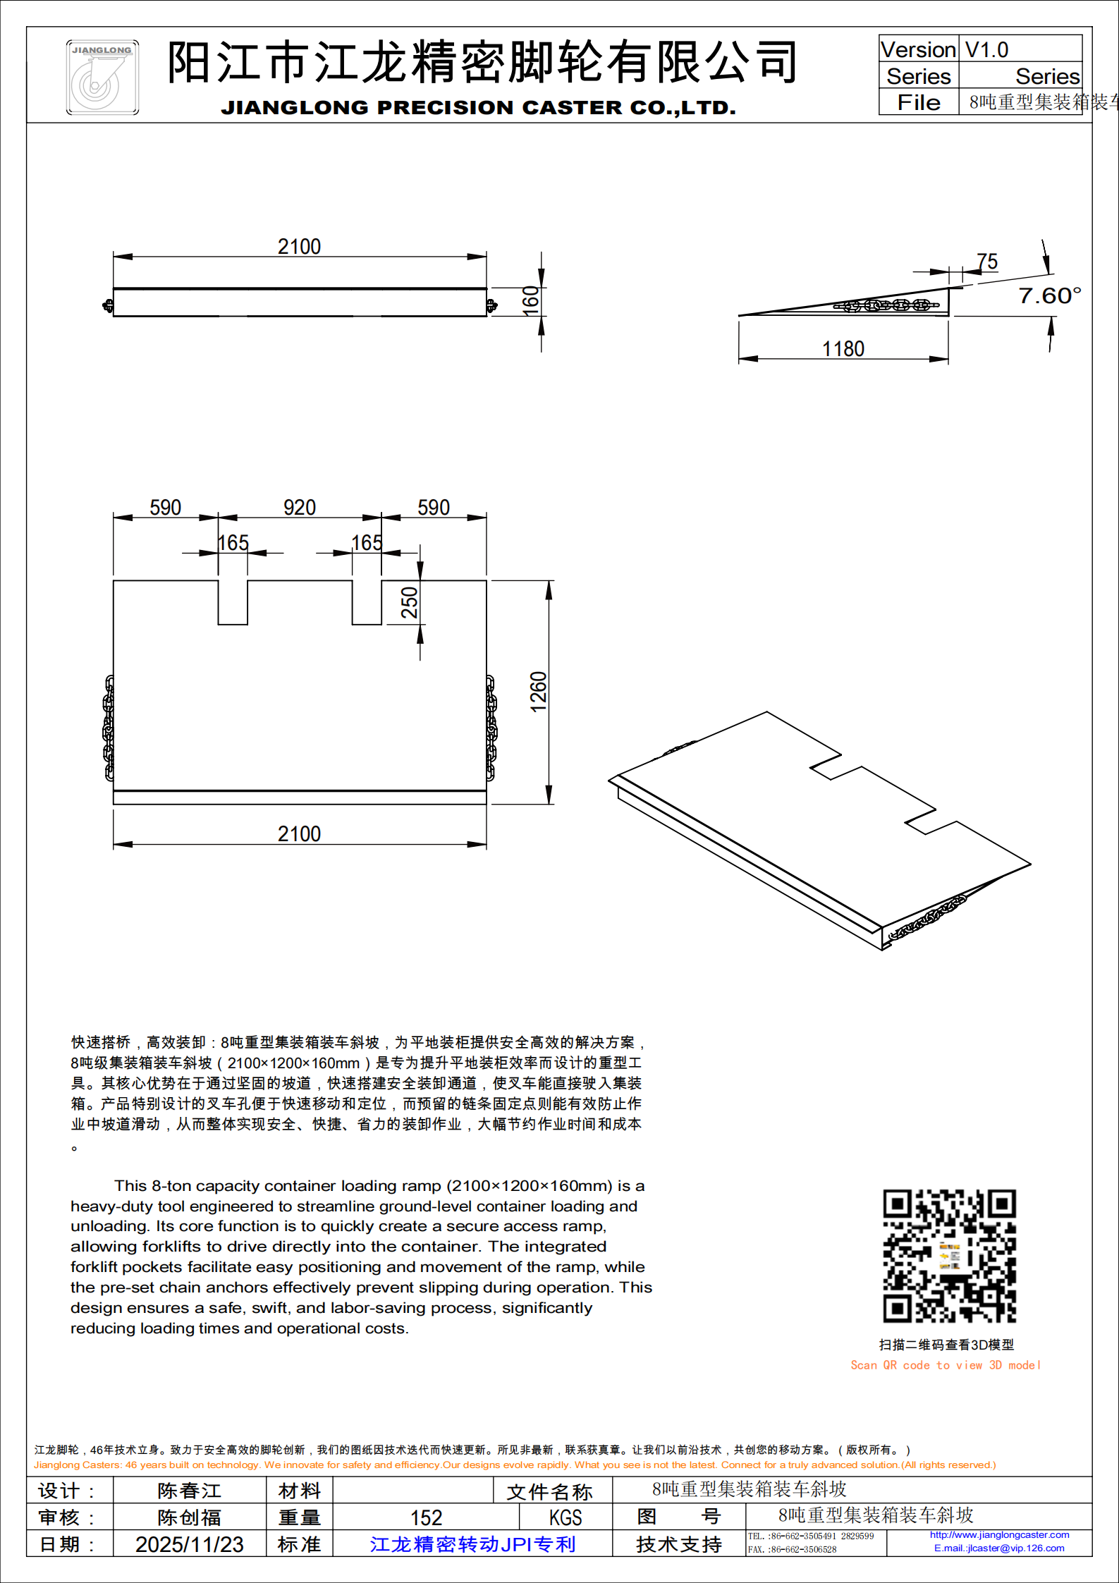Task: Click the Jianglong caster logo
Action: click(x=102, y=78)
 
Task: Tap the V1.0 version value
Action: click(x=986, y=50)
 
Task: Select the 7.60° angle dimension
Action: click(x=1049, y=295)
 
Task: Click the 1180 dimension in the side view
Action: click(x=843, y=349)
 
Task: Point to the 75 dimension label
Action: click(x=987, y=262)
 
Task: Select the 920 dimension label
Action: click(x=299, y=508)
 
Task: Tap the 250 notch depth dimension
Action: click(x=410, y=603)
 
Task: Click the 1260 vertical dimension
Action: click(x=539, y=692)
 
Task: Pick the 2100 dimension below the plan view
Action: click(x=299, y=834)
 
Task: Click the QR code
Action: click(x=949, y=1256)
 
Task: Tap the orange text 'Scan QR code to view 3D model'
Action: click(x=945, y=1365)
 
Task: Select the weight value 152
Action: click(x=426, y=1517)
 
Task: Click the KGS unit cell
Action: click(x=565, y=1517)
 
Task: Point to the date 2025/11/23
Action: click(x=189, y=1544)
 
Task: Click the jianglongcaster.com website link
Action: click(x=999, y=1535)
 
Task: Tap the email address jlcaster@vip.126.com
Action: click(x=999, y=1548)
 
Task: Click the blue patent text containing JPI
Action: click(x=472, y=1544)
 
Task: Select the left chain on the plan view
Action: click(x=109, y=728)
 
